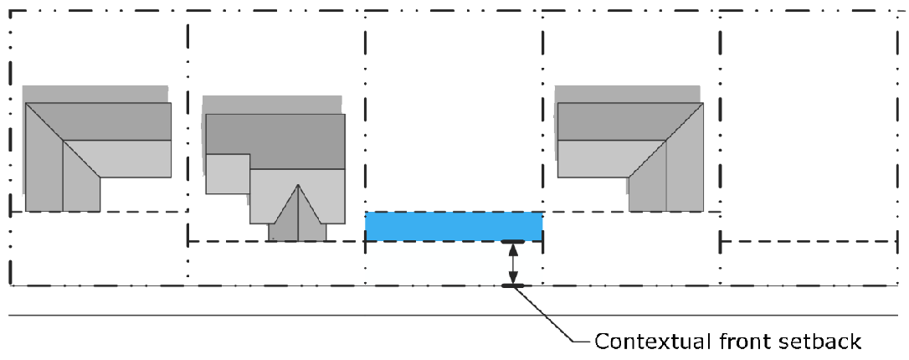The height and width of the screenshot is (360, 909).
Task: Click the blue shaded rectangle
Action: pos(454,227)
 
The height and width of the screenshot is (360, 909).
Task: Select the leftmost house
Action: pos(96,151)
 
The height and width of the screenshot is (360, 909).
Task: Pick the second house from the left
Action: pos(275,159)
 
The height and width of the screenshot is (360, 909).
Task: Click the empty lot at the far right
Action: pos(808,126)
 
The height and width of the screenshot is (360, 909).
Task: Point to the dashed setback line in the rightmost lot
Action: pos(808,241)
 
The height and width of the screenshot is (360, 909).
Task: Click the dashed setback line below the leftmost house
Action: pos(96,212)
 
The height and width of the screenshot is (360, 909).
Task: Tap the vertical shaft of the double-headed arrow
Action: pos(514,264)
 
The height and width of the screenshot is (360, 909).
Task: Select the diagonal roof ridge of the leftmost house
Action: pos(63,140)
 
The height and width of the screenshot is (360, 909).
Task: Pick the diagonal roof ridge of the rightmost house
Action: pos(665,141)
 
